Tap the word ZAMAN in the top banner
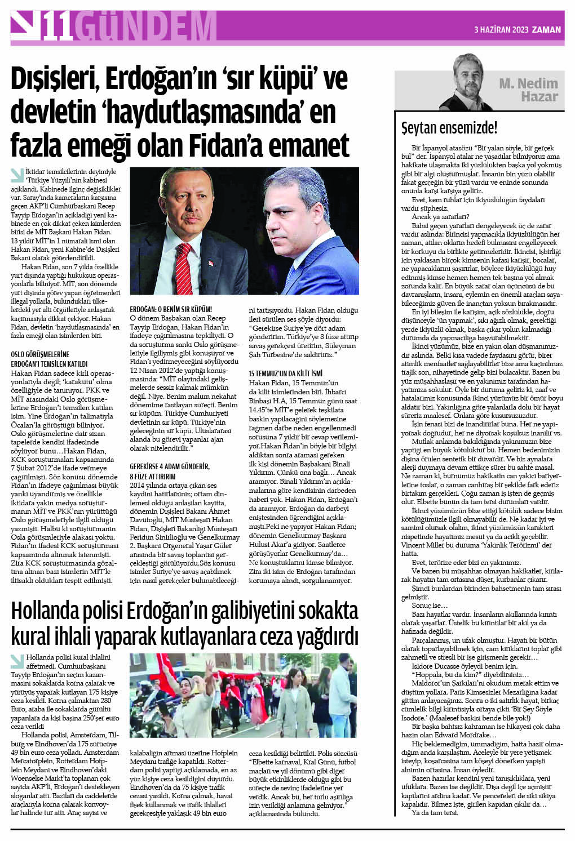[x=547, y=30]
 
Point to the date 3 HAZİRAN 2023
[x=501, y=30]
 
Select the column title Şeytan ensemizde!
[x=449, y=128]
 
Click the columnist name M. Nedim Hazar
[x=528, y=90]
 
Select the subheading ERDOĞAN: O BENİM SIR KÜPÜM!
[x=171, y=309]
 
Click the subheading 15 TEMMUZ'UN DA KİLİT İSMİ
[x=286, y=373]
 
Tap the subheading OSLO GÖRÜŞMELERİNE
[x=40, y=354]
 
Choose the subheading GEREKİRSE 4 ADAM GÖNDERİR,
[x=170, y=466]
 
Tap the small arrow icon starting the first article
[x=17, y=174]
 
